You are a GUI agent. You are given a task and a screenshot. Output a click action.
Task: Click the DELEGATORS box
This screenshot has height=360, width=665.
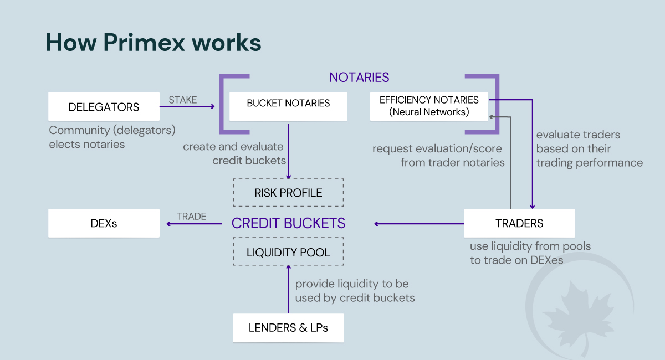(x=104, y=106)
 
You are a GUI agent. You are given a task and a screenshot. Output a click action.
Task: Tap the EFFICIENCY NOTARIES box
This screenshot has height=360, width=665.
(x=429, y=106)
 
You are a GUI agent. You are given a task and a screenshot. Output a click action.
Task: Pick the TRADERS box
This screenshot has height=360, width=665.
(x=519, y=223)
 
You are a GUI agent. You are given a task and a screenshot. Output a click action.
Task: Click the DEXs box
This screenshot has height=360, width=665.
(x=104, y=223)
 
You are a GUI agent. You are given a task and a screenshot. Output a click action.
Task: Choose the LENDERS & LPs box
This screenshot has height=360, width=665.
(x=288, y=328)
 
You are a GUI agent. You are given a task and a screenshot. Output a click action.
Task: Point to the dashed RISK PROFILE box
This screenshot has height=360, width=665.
(x=288, y=193)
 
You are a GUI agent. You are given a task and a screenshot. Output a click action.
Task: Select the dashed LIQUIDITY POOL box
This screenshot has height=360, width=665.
(x=288, y=252)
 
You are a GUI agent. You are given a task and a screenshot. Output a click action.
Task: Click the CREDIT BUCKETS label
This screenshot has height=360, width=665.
(x=288, y=223)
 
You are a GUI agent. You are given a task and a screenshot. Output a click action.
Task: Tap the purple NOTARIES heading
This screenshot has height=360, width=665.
(x=359, y=78)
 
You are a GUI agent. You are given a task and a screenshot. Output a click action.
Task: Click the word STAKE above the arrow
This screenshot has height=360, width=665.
(x=182, y=100)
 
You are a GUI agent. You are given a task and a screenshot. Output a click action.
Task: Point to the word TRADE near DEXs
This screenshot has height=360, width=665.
(x=191, y=217)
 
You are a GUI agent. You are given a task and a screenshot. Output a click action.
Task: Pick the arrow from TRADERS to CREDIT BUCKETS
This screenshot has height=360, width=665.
(x=419, y=224)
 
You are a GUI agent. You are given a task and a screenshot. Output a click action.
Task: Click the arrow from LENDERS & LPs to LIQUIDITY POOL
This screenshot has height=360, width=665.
(x=288, y=289)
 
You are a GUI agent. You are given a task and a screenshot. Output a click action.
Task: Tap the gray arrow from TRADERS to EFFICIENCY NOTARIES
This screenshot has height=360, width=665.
(x=510, y=166)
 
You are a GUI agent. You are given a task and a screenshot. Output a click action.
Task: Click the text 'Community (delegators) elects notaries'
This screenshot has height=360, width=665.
(x=112, y=137)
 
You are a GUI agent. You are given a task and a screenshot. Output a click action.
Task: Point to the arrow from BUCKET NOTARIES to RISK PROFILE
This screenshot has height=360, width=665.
(x=288, y=150)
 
